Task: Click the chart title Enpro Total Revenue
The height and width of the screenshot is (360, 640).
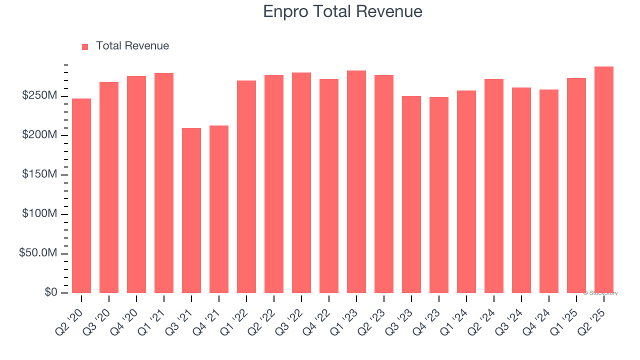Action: click(342, 11)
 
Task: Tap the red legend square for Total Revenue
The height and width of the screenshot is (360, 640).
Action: click(85, 46)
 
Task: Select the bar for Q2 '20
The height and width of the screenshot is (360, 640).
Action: click(81, 195)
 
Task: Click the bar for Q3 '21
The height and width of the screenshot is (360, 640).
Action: click(191, 210)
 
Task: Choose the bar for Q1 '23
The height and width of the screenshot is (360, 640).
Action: click(356, 181)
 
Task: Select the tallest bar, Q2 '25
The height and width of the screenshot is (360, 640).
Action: click(604, 179)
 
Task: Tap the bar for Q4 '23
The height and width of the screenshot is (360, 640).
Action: click(439, 195)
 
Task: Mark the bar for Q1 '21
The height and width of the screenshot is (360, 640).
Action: click(164, 183)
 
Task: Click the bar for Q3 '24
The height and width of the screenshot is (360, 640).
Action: click(521, 190)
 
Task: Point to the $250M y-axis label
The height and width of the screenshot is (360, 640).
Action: click(39, 95)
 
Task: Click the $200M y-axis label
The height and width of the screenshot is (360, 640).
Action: click(39, 135)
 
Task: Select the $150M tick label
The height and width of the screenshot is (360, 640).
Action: click(39, 174)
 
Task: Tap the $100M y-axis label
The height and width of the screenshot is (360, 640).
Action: click(39, 214)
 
